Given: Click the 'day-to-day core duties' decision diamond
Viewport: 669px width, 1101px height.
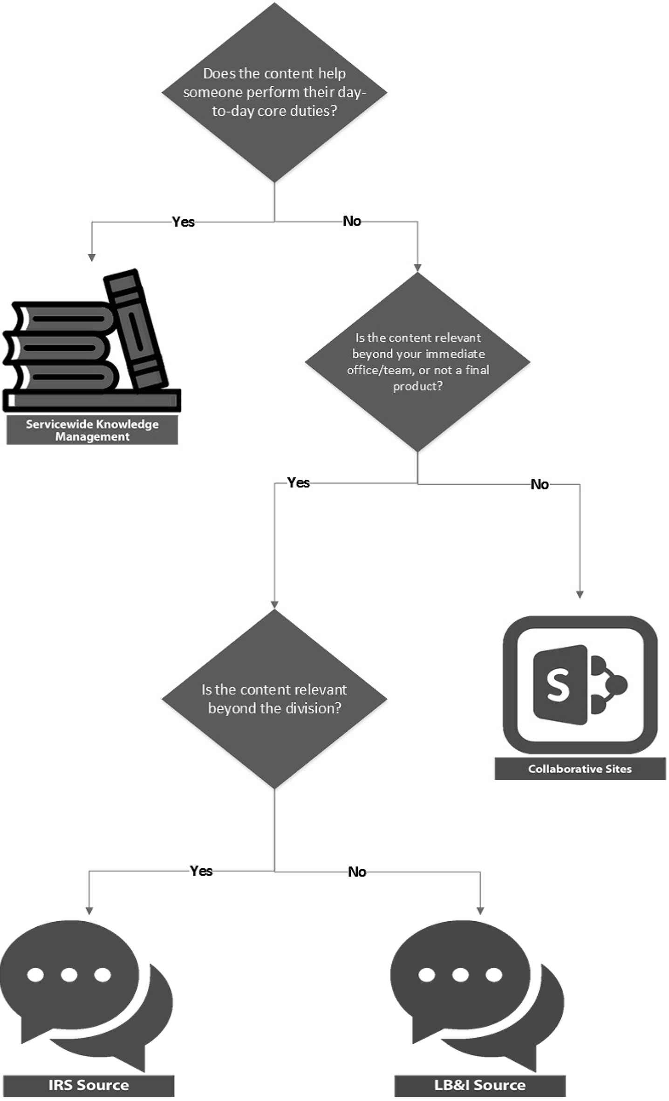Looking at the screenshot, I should tap(274, 92).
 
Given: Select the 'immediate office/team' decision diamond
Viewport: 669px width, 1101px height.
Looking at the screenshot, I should tap(417, 361).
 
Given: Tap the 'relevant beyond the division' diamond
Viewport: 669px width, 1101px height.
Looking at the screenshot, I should tap(274, 699).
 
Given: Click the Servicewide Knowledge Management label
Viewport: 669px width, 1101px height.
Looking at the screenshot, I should tap(92, 430).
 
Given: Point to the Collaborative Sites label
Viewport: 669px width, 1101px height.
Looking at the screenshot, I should tap(580, 768).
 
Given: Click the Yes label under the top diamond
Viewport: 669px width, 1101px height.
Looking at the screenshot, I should tap(183, 222).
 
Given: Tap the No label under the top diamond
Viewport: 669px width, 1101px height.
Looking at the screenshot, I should tap(352, 221).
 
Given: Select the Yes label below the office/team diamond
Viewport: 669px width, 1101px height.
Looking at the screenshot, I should tap(298, 483).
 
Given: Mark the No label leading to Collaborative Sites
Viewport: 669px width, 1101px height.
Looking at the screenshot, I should tap(539, 484).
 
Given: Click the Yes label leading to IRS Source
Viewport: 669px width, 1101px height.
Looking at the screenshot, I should tap(201, 871).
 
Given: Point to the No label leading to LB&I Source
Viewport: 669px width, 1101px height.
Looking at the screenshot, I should tap(357, 872).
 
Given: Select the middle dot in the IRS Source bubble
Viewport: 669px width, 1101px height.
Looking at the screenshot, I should tap(69, 975).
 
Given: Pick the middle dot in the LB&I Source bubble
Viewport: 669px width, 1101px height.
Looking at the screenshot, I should tap(460, 975).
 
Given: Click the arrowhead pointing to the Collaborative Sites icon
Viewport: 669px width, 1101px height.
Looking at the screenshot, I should tap(580, 595).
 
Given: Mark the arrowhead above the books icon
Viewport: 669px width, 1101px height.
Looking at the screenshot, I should tap(92, 258).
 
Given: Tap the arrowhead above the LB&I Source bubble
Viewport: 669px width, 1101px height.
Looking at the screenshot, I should tap(480, 911).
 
